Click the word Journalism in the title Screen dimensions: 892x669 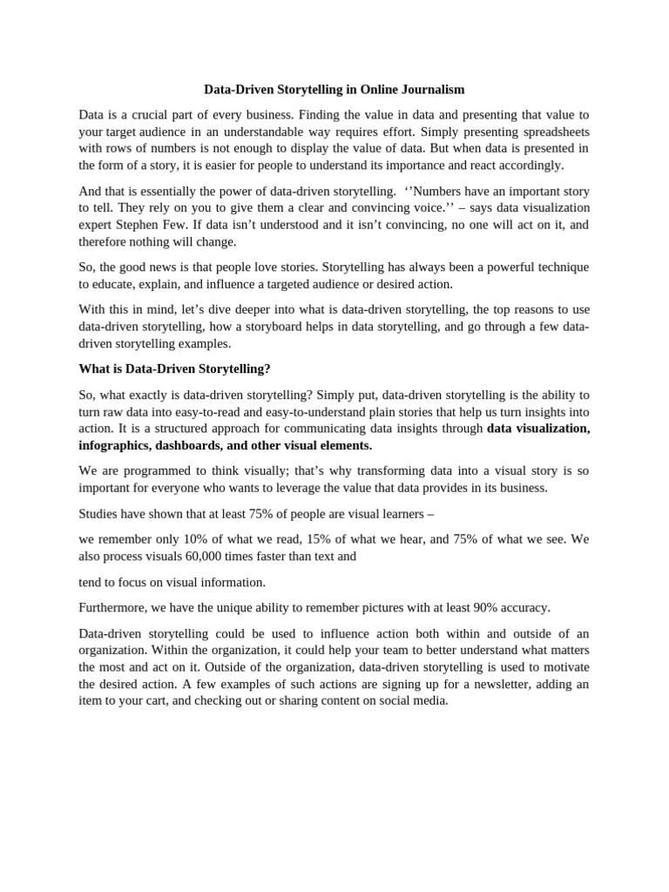[x=432, y=89]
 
